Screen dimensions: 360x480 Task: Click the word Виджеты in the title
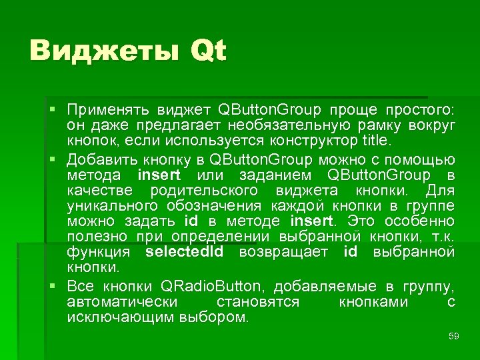pos(103,51)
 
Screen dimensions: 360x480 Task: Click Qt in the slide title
pos(208,52)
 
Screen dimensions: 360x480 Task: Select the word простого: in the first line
pos(417,109)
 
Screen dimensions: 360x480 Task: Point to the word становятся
pos(258,302)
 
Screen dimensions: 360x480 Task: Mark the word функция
pos(99,252)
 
